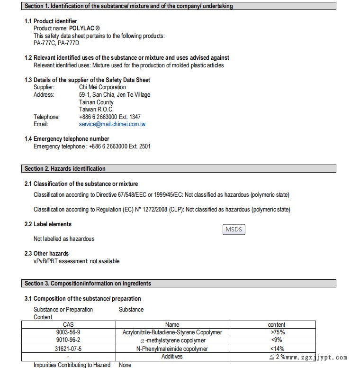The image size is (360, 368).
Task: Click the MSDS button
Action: (x=234, y=230)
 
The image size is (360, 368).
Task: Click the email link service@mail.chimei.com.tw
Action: (x=112, y=124)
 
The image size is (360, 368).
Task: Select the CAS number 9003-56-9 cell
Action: (x=68, y=332)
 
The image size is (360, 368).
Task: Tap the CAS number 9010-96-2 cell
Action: (x=68, y=340)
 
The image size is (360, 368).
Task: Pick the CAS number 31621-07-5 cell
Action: (x=68, y=349)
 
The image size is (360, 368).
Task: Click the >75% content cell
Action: (x=278, y=332)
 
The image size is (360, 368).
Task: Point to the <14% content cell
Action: (x=278, y=349)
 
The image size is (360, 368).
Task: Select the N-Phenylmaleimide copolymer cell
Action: (x=172, y=349)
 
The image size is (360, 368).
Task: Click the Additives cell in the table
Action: (x=172, y=357)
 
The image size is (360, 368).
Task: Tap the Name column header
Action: (x=172, y=325)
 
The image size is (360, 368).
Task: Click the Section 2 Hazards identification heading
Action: (x=65, y=169)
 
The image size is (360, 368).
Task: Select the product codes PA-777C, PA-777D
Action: (x=56, y=43)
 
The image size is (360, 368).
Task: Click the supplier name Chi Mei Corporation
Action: (x=102, y=87)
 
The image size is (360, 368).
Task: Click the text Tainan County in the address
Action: (x=96, y=102)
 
